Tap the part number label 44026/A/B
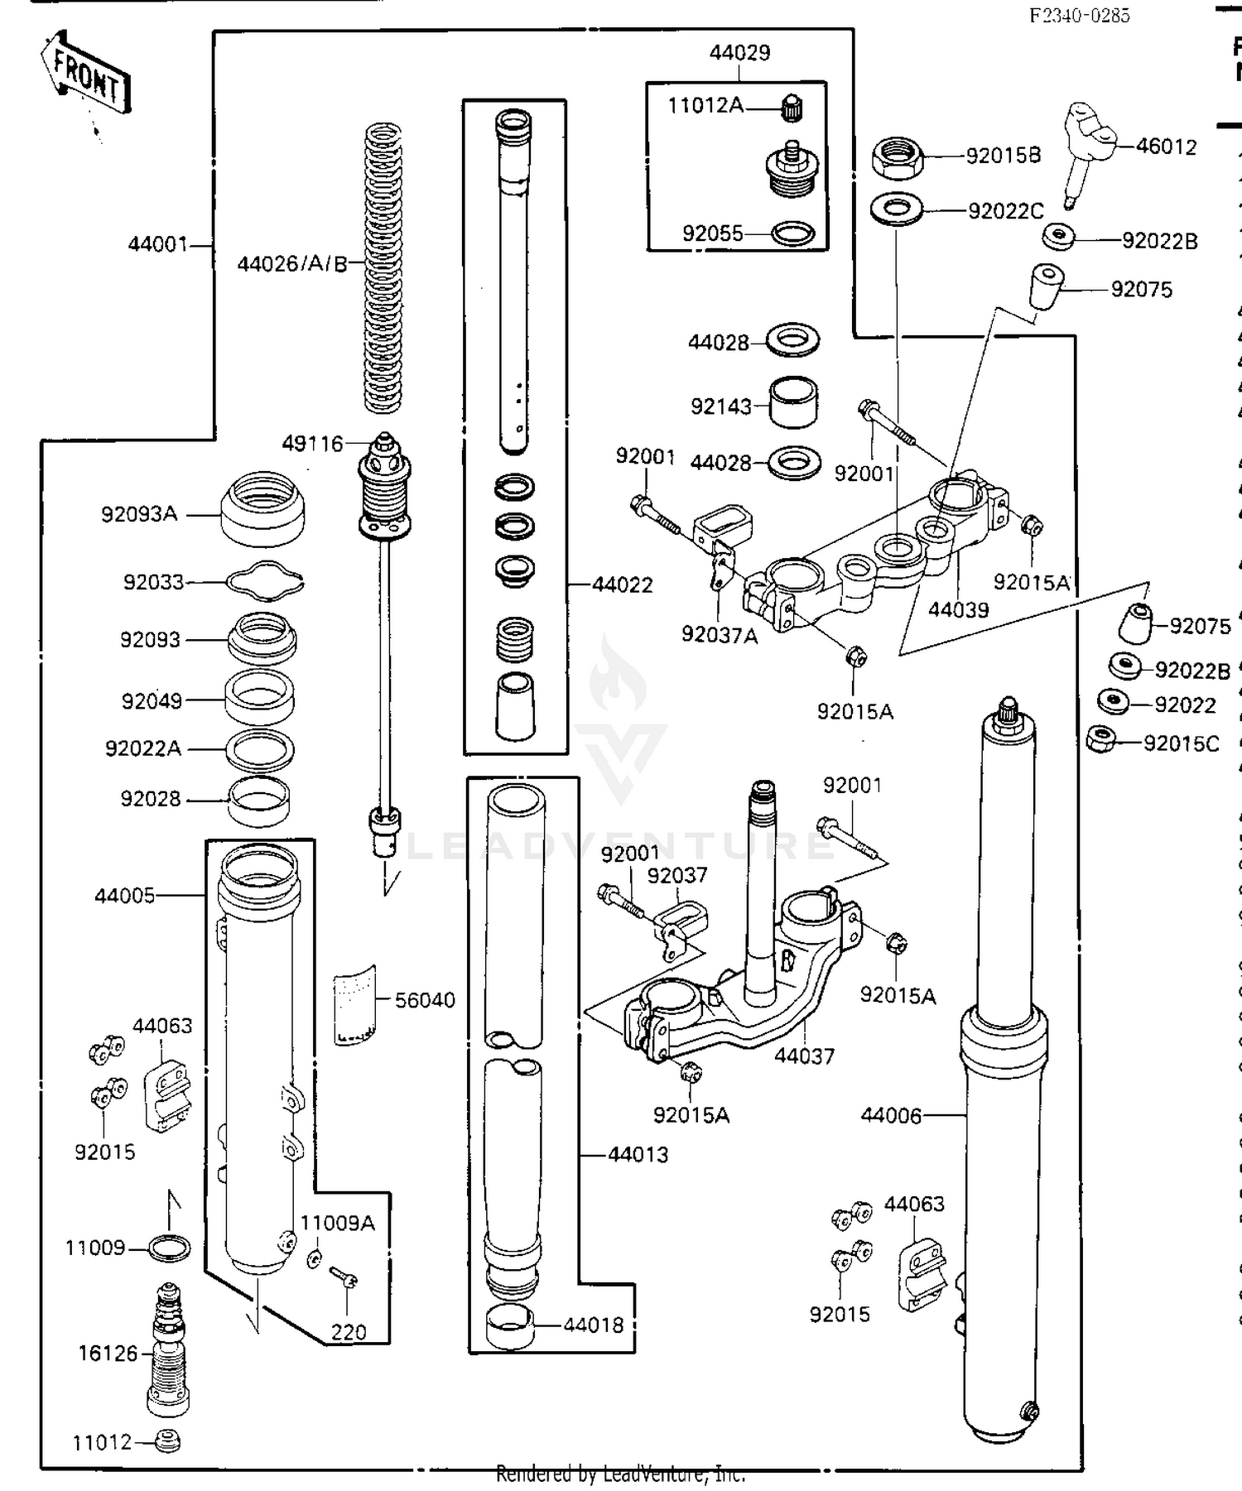(x=291, y=264)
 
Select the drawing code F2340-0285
(x=1079, y=15)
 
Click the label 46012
(x=1166, y=147)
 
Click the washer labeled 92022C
(x=897, y=209)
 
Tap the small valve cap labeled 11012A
(x=792, y=107)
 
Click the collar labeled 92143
(x=794, y=402)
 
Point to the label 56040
(x=425, y=1000)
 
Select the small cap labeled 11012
(x=168, y=1441)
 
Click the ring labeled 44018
(x=508, y=1326)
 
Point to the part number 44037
(x=804, y=1056)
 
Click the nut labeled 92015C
(x=1101, y=738)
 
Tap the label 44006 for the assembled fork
(x=890, y=1116)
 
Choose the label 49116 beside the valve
(x=312, y=444)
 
